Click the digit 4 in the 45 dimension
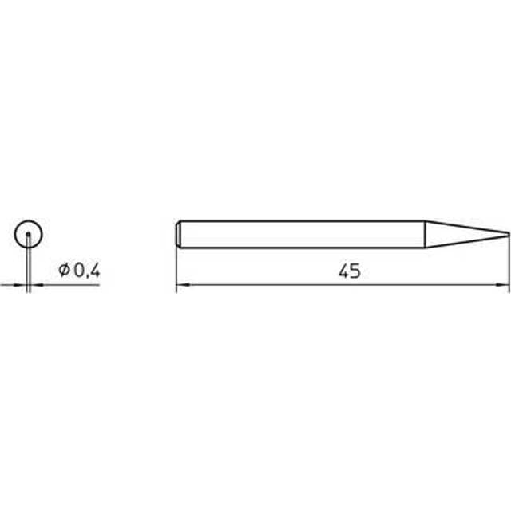[343, 272]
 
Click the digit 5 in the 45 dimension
[354, 272]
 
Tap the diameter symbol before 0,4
[65, 271]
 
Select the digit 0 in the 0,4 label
[77, 271]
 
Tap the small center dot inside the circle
[29, 234]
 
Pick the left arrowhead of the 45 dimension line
[180, 284]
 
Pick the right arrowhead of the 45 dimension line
[505, 284]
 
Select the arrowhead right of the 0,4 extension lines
[36, 284]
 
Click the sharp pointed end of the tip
[507, 233]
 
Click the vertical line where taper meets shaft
[425, 233]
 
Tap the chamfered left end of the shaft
[178, 233]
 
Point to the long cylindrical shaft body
[303, 233]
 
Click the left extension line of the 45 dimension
[176, 263]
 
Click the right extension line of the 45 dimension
[509, 263]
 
